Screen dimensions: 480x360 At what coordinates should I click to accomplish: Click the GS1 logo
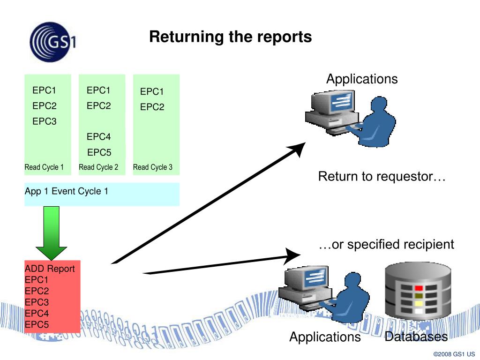52,42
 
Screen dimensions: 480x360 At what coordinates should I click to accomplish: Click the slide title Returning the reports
231,37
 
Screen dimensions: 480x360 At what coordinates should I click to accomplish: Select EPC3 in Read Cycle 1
45,121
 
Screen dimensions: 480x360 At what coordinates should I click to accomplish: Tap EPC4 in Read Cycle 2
98,136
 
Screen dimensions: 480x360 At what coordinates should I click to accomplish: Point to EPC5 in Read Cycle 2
99,152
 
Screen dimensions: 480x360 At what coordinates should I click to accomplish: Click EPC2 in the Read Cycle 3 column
152,107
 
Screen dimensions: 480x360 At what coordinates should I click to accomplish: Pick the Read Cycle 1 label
44,167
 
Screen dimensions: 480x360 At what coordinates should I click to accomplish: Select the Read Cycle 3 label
153,167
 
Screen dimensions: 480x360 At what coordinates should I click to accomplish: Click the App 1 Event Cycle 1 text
67,191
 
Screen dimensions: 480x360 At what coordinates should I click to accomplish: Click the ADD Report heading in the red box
50,269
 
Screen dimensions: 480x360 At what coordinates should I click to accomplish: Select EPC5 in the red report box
37,324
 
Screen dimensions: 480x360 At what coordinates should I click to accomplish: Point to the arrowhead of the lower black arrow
292,255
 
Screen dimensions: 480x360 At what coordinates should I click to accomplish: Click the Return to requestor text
382,177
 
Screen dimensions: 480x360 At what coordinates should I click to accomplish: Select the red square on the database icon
419,288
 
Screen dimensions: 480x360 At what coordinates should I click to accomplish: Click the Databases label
416,337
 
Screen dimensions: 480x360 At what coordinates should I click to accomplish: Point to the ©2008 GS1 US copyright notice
454,354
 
